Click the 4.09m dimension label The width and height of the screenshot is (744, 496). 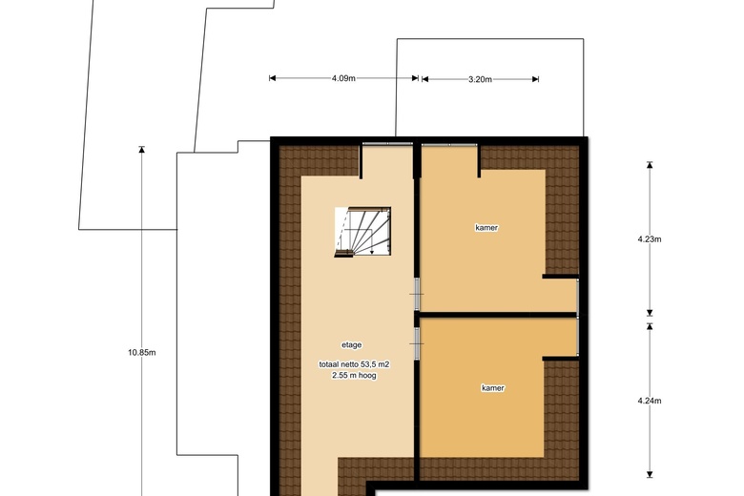tap(344, 78)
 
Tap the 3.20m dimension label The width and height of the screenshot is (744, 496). tap(480, 79)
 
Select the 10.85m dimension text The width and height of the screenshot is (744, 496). tap(141, 352)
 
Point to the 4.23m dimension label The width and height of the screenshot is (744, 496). tap(650, 239)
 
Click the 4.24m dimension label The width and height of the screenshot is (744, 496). tap(650, 401)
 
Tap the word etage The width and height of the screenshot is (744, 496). tap(351, 344)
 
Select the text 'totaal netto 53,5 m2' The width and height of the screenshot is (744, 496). tap(355, 364)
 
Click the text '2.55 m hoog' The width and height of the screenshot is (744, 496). tap(355, 376)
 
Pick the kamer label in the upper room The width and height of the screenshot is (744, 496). tap(486, 228)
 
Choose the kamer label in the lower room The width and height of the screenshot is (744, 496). tap(492, 388)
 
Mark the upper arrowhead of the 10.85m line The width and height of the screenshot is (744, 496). tap(141, 149)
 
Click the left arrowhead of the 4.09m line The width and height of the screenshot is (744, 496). tap(273, 78)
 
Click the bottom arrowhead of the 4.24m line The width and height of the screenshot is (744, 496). tap(650, 473)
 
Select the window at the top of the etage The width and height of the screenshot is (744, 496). tap(386, 144)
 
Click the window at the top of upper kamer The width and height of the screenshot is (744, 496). tap(449, 144)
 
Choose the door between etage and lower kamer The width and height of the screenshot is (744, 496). tap(417, 335)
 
